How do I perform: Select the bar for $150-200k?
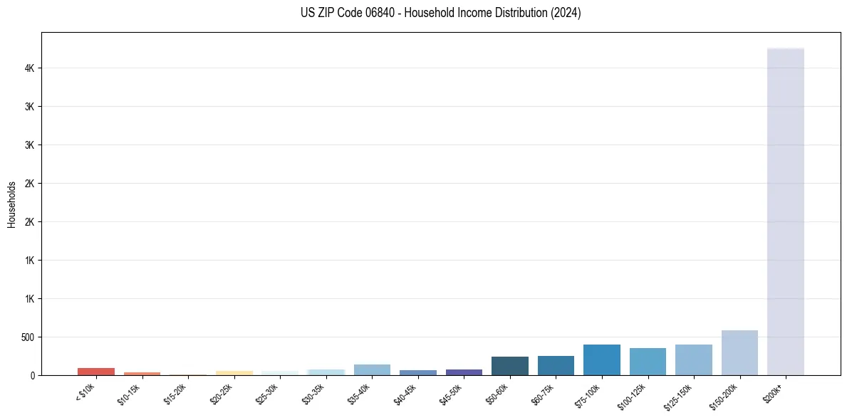click(x=739, y=353)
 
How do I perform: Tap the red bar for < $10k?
click(x=96, y=372)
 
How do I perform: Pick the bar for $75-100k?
click(x=601, y=360)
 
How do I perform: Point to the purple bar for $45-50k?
click(x=464, y=372)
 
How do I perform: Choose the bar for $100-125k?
click(x=648, y=362)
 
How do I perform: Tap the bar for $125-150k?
click(x=693, y=360)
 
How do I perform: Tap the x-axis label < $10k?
click(x=85, y=392)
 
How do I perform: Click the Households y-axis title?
click(x=11, y=204)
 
